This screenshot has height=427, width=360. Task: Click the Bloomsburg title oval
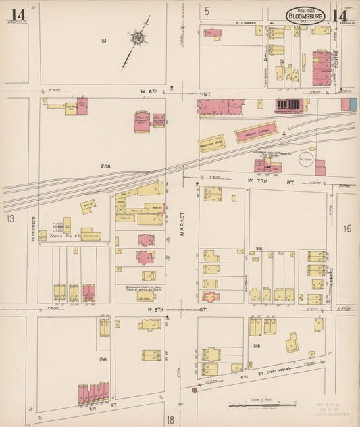(x=306, y=15)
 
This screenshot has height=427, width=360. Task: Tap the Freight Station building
(x=257, y=132)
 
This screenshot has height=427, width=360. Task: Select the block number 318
(x=257, y=345)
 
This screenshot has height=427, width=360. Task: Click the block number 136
(x=104, y=359)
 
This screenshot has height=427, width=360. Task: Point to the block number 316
(x=258, y=249)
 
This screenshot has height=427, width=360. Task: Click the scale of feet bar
(x=261, y=406)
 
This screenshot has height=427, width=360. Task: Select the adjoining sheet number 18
(x=170, y=420)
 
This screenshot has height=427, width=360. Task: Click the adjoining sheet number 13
(x=10, y=218)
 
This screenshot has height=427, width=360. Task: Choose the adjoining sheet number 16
(x=346, y=229)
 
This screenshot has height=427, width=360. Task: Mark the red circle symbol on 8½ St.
(x=195, y=390)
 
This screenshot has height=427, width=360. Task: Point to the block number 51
(x=104, y=42)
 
